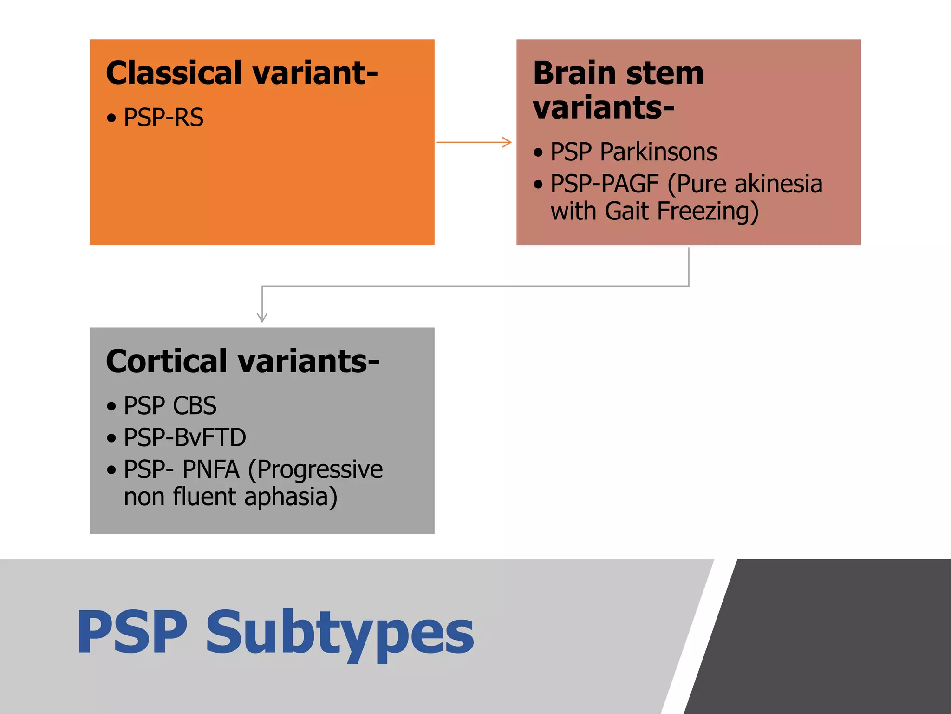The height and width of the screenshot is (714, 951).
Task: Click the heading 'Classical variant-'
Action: (241, 73)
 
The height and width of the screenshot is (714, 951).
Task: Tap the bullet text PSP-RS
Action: (163, 118)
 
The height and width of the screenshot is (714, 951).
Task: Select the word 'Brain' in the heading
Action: (574, 73)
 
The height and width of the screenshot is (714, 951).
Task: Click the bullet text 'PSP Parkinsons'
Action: (633, 152)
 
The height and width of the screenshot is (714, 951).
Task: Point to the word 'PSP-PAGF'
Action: (605, 184)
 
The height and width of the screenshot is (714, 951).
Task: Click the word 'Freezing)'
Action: (708, 212)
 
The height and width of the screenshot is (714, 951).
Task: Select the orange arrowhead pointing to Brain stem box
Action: (507, 142)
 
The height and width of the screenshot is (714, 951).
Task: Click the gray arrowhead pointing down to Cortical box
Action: (262, 318)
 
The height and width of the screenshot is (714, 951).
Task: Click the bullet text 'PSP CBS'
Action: (170, 406)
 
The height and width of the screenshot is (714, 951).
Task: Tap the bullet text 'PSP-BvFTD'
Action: (185, 438)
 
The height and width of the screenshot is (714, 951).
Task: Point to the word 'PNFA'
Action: (211, 469)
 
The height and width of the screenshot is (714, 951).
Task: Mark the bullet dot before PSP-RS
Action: (111, 118)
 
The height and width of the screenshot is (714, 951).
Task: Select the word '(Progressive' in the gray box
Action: (315, 469)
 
